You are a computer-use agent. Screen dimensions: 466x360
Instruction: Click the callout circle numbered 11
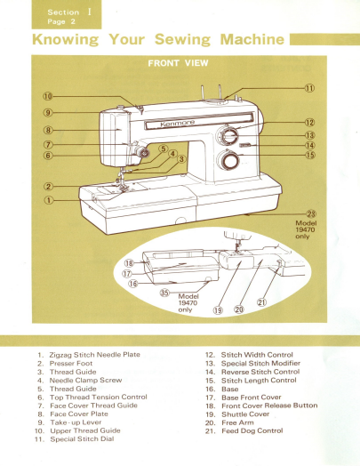(x=309, y=89)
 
